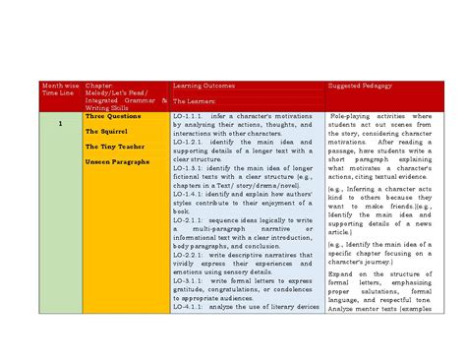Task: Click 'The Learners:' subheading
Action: [x=195, y=101]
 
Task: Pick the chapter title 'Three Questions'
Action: [x=113, y=116]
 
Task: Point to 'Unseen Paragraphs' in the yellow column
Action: [x=117, y=161]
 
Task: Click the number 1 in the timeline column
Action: [x=59, y=124]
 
